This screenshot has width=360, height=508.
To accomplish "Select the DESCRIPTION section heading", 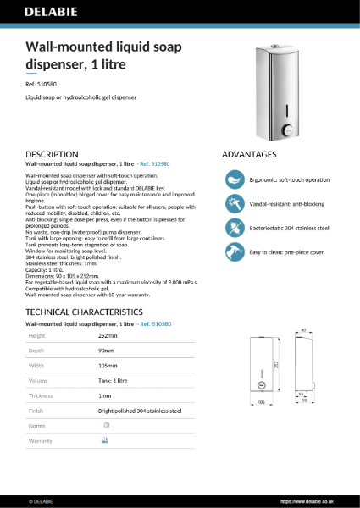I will pyautogui.click(x=53, y=154).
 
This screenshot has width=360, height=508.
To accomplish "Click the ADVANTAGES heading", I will pyautogui.click(x=249, y=154).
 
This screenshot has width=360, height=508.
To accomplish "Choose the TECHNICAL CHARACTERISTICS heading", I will pyautogui.click(x=80, y=312).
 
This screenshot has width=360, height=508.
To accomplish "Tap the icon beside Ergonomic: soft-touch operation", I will pyautogui.click(x=234, y=179).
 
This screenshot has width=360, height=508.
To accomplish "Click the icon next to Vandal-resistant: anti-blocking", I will pyautogui.click(x=234, y=204).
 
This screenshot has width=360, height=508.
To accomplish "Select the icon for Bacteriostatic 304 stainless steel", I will pyautogui.click(x=234, y=228).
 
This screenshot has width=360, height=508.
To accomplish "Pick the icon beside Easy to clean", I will pyautogui.click(x=234, y=252).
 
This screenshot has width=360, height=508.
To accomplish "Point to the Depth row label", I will pyautogui.click(x=38, y=351).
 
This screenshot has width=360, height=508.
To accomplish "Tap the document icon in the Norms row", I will pyautogui.click(x=106, y=424).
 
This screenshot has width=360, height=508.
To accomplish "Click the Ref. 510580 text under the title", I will pyautogui.click(x=42, y=84).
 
